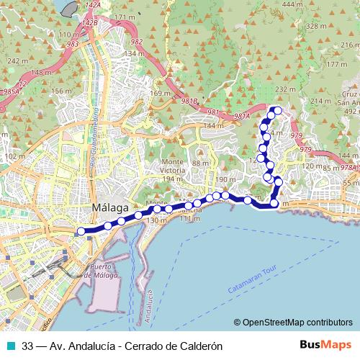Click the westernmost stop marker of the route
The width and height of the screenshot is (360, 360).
[81, 231]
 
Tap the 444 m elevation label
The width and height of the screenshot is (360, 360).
[293, 5]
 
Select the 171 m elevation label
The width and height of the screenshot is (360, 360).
[125, 17]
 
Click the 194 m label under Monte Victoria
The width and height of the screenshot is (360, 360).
[173, 179]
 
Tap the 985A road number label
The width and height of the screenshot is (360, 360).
[10, 91]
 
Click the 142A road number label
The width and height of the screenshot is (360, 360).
[92, 5]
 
